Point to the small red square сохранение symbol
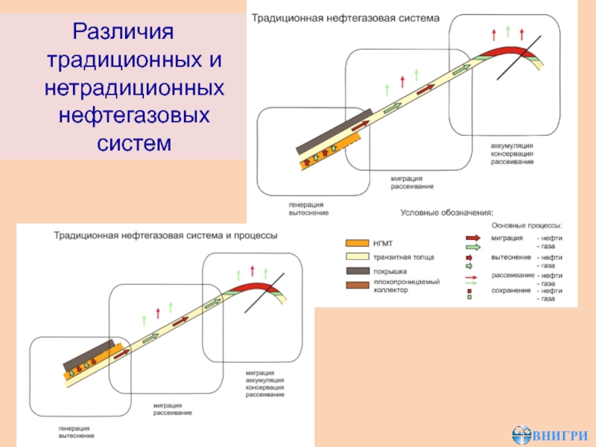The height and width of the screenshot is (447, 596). point(470,291)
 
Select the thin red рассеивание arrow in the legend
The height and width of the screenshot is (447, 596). point(472,275)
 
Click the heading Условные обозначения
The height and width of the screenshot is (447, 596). point(447,212)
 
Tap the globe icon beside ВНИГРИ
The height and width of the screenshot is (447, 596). point(522,434)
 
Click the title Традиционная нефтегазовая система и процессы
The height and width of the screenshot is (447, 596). point(165,235)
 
